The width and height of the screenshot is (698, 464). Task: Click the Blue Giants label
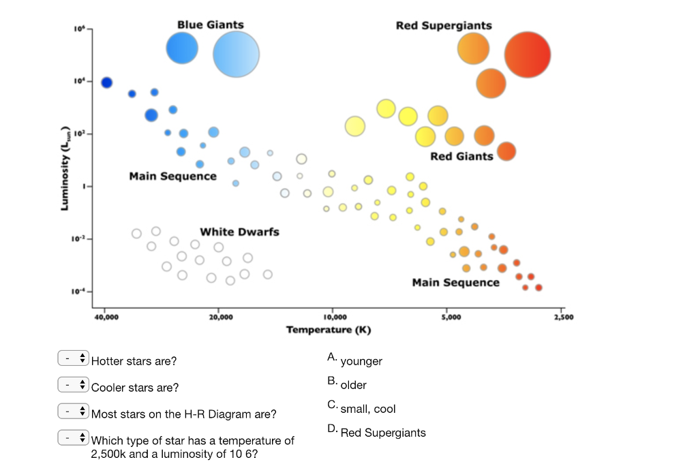pos(210,25)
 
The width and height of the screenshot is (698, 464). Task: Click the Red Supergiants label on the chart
pos(443,25)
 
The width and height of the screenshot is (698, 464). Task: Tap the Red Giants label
pos(461,156)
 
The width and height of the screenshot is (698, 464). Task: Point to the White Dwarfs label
pos(239,232)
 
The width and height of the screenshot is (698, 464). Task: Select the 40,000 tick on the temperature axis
pos(106,318)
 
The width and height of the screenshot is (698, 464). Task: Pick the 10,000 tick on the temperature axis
pos(334,318)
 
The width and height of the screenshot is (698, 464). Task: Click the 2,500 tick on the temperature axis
pos(563,318)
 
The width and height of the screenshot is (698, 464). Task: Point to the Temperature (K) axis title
pos(329,330)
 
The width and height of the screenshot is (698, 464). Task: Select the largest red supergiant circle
pos(527,55)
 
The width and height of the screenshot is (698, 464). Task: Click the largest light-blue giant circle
pos(236,55)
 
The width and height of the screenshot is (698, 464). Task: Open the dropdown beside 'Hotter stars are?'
pos(74,358)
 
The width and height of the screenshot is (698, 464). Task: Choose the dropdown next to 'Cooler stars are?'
pos(74,385)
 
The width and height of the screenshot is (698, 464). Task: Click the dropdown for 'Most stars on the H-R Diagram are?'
pos(74,412)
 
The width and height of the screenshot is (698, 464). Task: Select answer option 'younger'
pos(361,361)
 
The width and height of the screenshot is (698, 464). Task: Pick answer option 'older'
pos(353,385)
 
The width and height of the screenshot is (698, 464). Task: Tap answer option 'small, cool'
pos(367,409)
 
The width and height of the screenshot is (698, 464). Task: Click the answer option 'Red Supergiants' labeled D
pos(382,433)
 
